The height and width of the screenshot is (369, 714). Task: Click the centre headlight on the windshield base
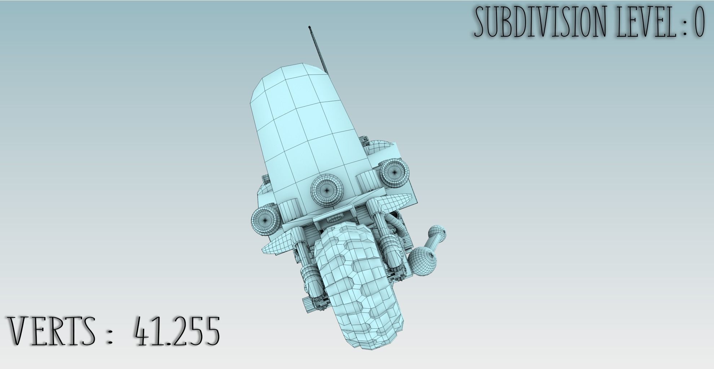(x=327, y=189)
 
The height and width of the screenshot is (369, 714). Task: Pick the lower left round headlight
(x=265, y=219)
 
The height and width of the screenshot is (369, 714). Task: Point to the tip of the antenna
(x=309, y=27)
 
